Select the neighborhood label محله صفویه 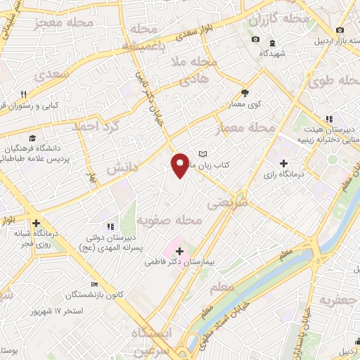169,222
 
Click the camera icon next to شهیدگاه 255,39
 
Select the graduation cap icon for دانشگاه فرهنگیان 32,138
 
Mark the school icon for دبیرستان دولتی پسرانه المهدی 110,226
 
